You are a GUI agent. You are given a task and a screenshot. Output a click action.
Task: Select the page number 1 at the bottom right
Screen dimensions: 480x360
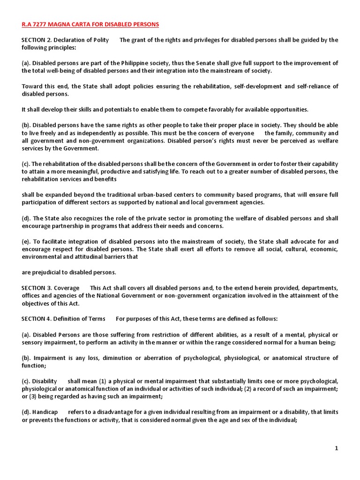(x=336, y=448)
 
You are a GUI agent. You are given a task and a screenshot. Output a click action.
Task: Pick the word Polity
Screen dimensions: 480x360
(x=98, y=40)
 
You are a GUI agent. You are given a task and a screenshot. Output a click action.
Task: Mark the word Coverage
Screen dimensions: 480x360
(x=67, y=288)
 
